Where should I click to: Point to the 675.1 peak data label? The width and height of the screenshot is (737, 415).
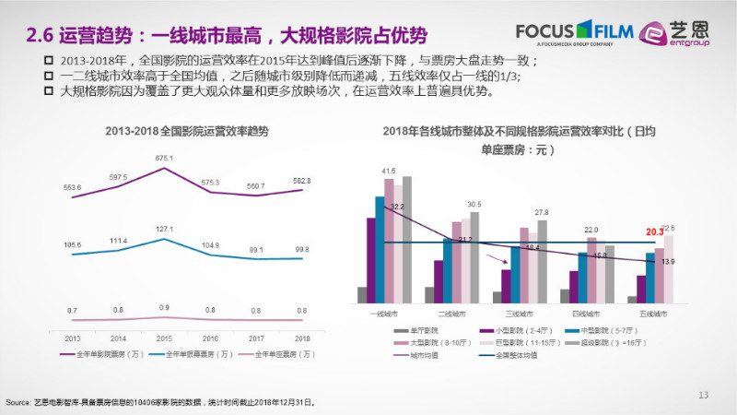tap(164, 158)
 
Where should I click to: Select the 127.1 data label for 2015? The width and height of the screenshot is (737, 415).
tap(164, 230)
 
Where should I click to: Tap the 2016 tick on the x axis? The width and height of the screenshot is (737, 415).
tap(211, 338)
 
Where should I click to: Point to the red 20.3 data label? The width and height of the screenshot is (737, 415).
tap(654, 231)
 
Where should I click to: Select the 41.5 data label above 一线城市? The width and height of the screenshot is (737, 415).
tap(390, 171)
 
